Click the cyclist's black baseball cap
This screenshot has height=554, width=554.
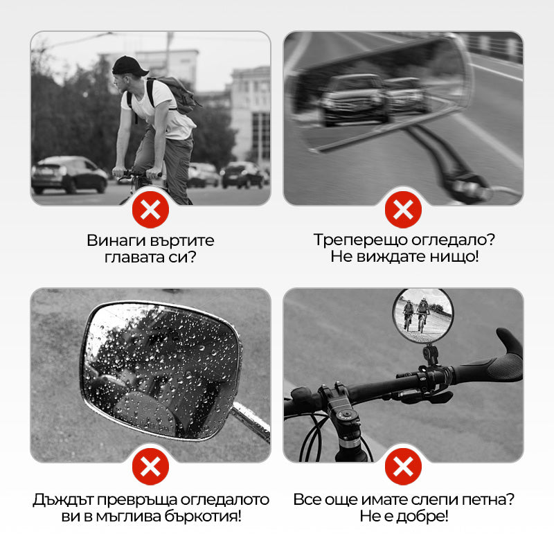pos(129,66)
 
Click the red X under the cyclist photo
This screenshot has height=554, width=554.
pos(150,210)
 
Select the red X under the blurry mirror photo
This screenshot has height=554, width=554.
pos(403,210)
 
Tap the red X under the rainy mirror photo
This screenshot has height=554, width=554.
pos(150,467)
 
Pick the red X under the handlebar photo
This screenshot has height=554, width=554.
pos(403,467)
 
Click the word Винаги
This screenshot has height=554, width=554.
pos(116,241)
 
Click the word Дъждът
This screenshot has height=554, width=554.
pos(63,499)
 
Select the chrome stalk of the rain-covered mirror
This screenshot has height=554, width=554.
pos(251,421)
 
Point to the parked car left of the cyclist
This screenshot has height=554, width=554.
pos(69,175)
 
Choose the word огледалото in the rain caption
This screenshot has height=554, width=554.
pos(225,499)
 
